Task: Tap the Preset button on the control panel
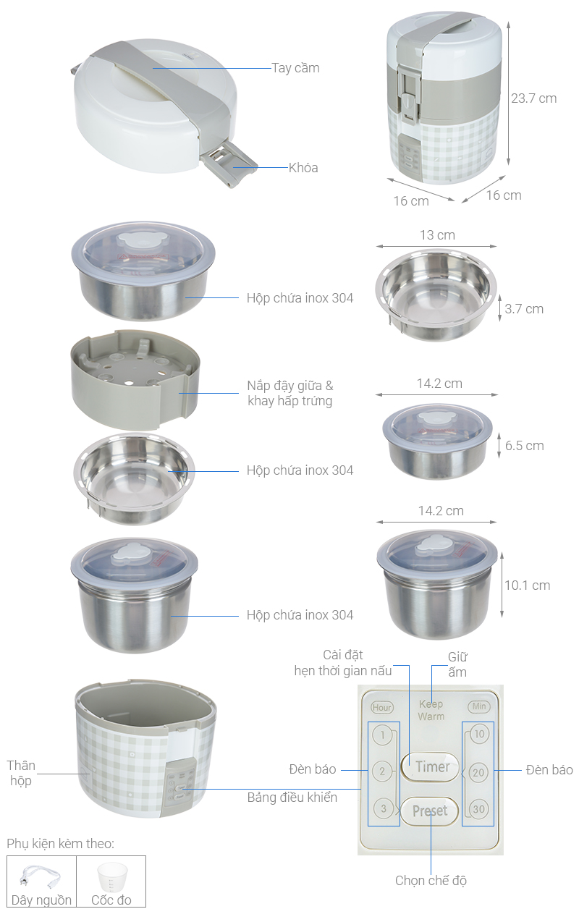coord(430,811)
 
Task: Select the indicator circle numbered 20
coord(478,772)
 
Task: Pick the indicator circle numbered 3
coord(383,808)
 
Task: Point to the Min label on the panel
coord(478,707)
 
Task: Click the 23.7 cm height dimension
coord(533,98)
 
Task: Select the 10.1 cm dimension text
coord(527,585)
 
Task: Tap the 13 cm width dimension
coord(437,235)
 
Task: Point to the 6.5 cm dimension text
coord(524,446)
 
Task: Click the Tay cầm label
coord(295,68)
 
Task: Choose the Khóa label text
coord(303,168)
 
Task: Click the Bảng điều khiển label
coord(292,798)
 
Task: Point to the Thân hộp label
coord(21,773)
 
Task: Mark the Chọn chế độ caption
coord(431,881)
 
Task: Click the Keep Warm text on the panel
coord(431,710)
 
